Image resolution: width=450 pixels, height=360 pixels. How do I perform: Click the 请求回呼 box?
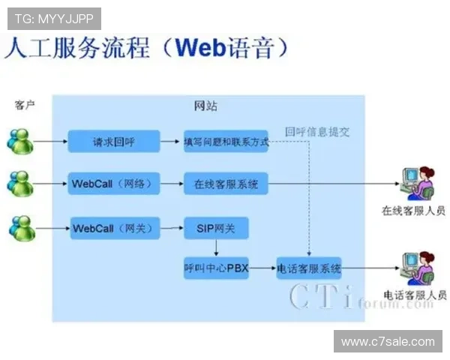tap(114, 140)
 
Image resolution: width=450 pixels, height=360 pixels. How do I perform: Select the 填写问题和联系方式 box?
tap(226, 140)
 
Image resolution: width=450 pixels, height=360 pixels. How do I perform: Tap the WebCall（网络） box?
tap(114, 183)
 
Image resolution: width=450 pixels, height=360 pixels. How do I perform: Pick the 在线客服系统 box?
tap(226, 183)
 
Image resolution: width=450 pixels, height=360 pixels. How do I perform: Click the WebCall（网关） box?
tap(114, 227)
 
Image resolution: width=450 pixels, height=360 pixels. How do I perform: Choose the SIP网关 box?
tap(215, 227)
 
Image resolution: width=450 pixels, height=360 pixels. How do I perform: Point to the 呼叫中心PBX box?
tap(215, 268)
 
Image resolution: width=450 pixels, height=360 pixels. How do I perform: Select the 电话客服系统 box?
tap(309, 268)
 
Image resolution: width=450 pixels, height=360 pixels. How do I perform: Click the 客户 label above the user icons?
tap(25, 106)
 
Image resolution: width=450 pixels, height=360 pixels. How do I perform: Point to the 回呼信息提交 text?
tap(316, 131)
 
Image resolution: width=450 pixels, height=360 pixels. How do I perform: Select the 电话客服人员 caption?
tap(414, 295)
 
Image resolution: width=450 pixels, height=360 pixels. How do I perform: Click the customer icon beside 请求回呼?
tap(21, 141)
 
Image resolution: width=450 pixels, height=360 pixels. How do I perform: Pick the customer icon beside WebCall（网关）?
tap(21, 227)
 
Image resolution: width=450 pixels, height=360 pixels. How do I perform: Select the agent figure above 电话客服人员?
tap(415, 268)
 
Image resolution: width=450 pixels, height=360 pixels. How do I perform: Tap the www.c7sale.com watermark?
tap(387, 341)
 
